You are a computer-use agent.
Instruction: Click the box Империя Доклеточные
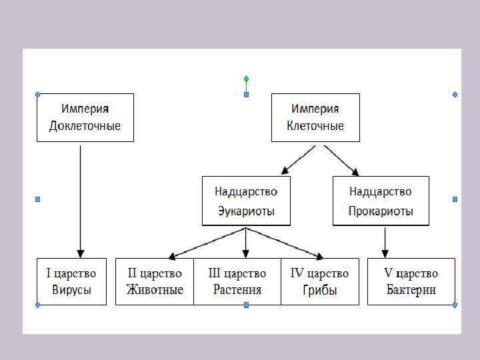coord(85,117)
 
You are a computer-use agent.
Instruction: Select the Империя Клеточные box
coord(315,117)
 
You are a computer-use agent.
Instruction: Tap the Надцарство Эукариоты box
coord(246,201)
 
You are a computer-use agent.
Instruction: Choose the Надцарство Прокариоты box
coord(381,201)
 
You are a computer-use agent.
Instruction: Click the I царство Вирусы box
coord(71,281)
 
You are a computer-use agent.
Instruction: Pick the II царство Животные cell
coord(155,281)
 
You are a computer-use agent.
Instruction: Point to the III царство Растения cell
coord(237,281)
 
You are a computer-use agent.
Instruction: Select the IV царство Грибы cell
coord(319,281)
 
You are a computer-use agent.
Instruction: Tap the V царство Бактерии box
coord(411,281)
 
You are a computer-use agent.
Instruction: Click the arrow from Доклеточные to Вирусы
coord(81,200)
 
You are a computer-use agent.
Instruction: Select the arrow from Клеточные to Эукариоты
coord(298,160)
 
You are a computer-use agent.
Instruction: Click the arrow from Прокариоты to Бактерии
coord(385,241)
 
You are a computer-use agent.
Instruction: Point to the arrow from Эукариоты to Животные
coord(207,243)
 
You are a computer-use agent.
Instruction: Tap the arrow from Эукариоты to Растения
coord(246,243)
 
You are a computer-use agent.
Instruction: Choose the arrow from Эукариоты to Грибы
coord(285,243)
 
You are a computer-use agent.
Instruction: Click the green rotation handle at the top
coord(246,79)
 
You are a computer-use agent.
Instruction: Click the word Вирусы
coord(71,290)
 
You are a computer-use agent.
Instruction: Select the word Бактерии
coord(411,290)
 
